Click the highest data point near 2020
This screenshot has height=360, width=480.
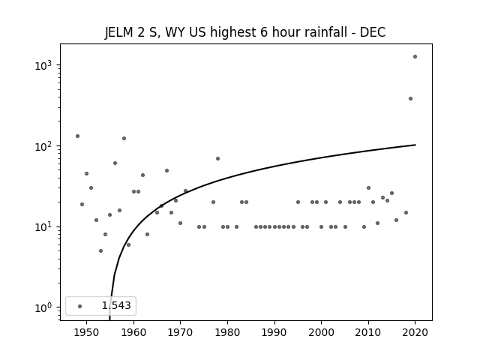pyautogui.click(x=415, y=57)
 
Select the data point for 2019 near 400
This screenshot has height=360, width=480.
pyautogui.click(x=410, y=98)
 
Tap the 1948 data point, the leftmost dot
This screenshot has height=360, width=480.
pyautogui.click(x=77, y=136)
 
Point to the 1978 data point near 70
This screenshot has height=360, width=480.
pyautogui.click(x=218, y=158)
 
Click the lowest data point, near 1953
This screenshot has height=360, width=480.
pyautogui.click(x=100, y=251)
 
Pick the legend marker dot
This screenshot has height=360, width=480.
pyautogui.click(x=80, y=306)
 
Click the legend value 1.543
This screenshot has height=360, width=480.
pyautogui.click(x=116, y=305)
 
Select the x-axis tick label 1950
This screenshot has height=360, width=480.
pyautogui.click(x=87, y=333)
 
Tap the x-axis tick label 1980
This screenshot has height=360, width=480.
pyautogui.click(x=227, y=333)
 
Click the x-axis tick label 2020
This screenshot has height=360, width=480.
pyautogui.click(x=415, y=333)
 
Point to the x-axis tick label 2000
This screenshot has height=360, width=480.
pyautogui.click(x=321, y=333)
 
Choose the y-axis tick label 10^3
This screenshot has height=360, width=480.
pyautogui.click(x=45, y=65)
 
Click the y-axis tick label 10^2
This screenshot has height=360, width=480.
pyautogui.click(x=45, y=146)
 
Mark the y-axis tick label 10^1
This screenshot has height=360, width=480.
pyautogui.click(x=45, y=227)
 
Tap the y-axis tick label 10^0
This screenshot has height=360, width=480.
pyautogui.click(x=45, y=307)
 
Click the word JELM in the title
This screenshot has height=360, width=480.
pyautogui.click(x=119, y=32)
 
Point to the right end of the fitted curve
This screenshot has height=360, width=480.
pyautogui.click(x=415, y=145)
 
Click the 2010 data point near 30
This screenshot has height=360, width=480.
pyautogui.click(x=368, y=188)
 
